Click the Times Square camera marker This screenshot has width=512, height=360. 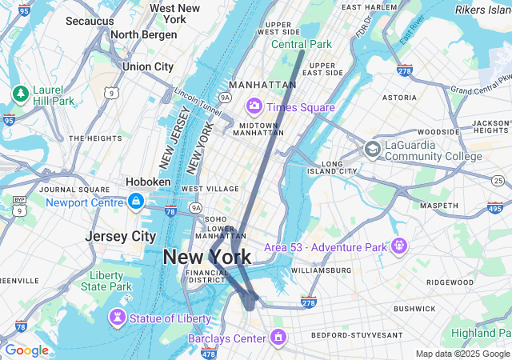(255, 106)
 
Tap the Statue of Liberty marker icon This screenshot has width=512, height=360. (118, 318)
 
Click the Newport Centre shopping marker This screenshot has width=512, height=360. (135, 202)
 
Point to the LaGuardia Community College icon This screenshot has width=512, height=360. (372, 149)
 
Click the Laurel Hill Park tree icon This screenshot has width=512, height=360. (20, 94)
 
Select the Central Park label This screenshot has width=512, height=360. (301, 44)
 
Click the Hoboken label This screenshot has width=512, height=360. (148, 182)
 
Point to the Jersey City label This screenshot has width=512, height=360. (120, 237)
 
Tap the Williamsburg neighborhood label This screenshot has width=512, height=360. (320, 270)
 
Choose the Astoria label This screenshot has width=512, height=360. (399, 98)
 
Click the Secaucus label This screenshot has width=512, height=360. (89, 21)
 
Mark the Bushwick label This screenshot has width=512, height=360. (414, 308)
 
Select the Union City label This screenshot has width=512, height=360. (147, 66)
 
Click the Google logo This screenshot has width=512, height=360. (26, 350)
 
